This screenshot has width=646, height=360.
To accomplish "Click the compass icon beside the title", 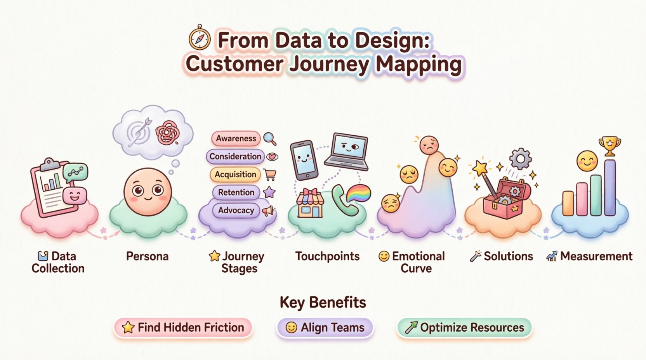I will click(x=200, y=38).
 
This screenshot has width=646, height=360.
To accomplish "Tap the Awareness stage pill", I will click(x=236, y=138).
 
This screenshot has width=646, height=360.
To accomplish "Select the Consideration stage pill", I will click(x=235, y=156).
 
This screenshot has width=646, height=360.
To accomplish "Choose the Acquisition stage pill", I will click(x=235, y=175).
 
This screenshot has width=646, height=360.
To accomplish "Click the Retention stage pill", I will click(x=236, y=192).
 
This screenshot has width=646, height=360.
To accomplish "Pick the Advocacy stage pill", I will click(x=236, y=210).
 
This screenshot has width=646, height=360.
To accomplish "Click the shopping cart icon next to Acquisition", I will click(x=270, y=175).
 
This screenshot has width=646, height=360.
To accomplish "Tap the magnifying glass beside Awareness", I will click(x=269, y=138).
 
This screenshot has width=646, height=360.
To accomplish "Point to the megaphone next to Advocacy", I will click(x=268, y=211).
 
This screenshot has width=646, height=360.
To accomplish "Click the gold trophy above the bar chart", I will click(x=610, y=145).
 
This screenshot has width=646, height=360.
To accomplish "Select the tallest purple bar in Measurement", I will click(x=610, y=187).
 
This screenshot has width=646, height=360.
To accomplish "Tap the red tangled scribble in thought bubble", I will click(x=168, y=132).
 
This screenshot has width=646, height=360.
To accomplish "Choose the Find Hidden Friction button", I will click(x=183, y=327).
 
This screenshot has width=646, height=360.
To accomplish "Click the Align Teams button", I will click(x=325, y=327).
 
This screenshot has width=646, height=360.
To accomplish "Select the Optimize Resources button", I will click(x=464, y=327).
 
